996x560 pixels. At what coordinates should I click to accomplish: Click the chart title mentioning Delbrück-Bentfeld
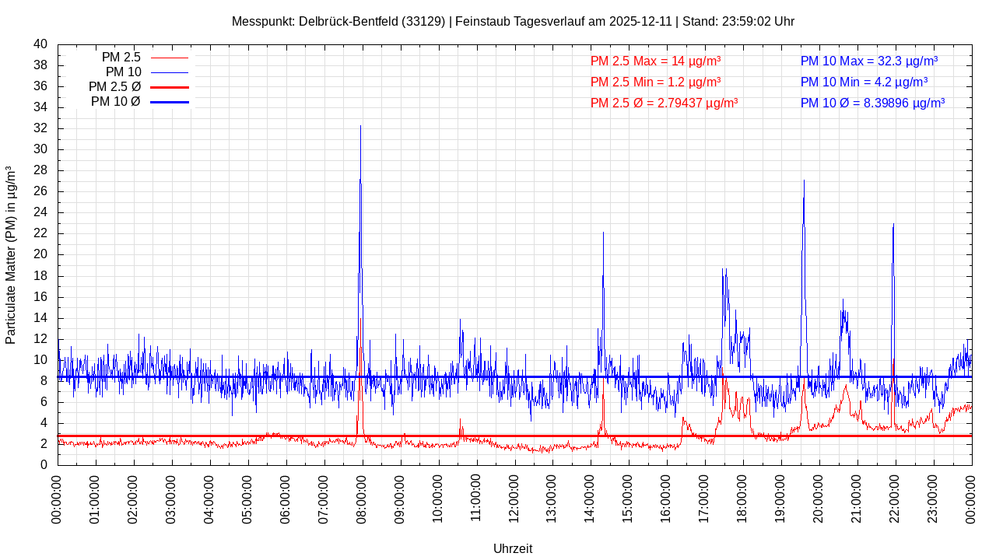pos(513,21)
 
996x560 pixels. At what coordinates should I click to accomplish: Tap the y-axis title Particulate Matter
pos(11,255)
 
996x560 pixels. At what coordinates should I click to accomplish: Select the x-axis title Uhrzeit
pos(513,548)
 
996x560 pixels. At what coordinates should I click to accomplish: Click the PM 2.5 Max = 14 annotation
pos(655,61)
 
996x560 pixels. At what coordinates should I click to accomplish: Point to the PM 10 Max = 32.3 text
pos(868,61)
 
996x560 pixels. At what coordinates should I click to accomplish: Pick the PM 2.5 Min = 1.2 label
pos(655,82)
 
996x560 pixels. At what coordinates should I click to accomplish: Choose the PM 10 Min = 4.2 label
pos(864,82)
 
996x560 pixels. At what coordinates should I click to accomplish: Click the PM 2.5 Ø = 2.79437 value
pos(664,103)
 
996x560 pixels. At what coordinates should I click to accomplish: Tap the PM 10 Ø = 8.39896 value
pos(872,103)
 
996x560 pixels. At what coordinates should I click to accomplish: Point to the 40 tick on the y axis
pos(40,44)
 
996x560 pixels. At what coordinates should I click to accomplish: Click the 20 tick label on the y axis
pos(40,254)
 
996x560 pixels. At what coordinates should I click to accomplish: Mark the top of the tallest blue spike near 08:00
pos(360,126)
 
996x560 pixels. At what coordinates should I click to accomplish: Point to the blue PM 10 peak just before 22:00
pos(893,224)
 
